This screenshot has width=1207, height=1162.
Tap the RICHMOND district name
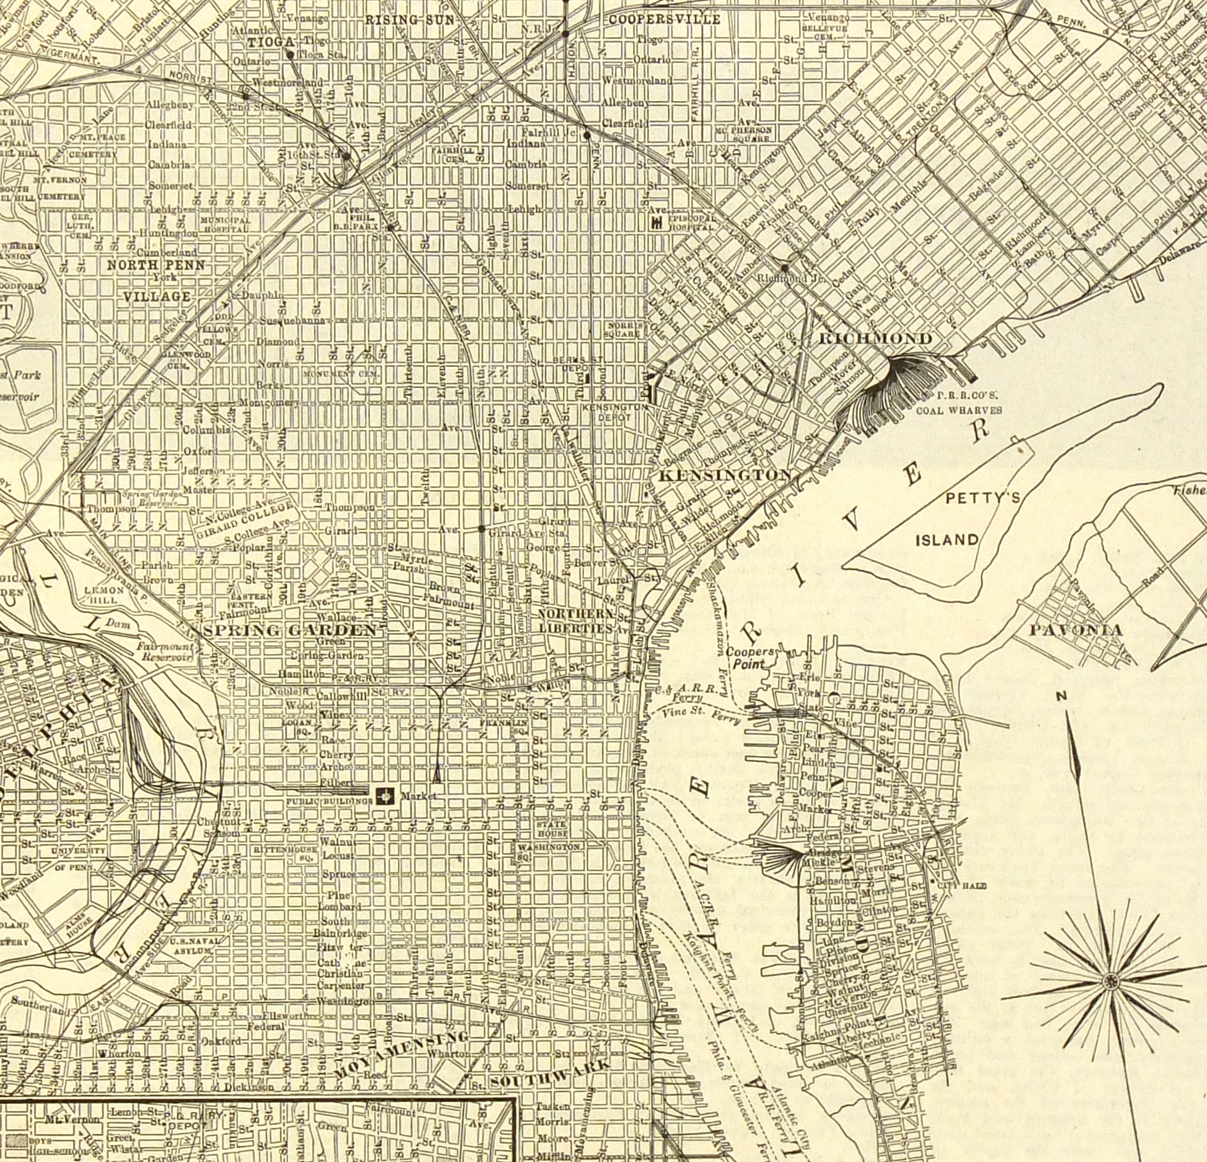point(875,339)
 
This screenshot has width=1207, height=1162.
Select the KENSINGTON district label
point(725,475)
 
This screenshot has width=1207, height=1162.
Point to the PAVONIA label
point(1076,630)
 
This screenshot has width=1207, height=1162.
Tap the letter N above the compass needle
point(1061,696)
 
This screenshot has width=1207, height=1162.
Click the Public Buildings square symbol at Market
point(386,796)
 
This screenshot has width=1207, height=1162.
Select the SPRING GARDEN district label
point(289,630)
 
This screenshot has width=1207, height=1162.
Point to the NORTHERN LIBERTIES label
point(577,621)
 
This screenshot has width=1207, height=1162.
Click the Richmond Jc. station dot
point(785,268)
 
